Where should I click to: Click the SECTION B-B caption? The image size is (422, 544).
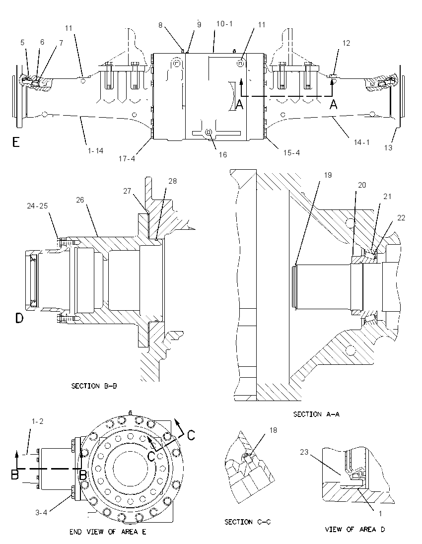tap(94, 386)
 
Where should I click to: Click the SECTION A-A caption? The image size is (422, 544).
tap(316, 414)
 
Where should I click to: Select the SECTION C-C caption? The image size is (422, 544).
tap(247, 522)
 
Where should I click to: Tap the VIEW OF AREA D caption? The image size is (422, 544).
tap(355, 530)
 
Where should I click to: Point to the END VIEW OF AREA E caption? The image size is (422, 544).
tap(108, 532)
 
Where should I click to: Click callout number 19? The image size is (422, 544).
tap(328, 175)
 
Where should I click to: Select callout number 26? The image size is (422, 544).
tap(80, 200)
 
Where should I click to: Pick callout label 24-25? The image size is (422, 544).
tap(37, 206)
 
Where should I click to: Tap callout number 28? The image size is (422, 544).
tap(172, 181)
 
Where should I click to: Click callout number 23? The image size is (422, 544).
tap(304, 452)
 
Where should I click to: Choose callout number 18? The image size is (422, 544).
tap(273, 430)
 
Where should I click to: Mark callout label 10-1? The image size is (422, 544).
tap(224, 24)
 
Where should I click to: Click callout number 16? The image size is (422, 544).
tap(223, 155)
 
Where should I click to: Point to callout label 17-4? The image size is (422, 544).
tap(127, 159)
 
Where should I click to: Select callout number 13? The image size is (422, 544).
tap(388, 148)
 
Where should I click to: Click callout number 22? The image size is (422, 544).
tap(401, 218)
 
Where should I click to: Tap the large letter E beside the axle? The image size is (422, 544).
tap(16, 142)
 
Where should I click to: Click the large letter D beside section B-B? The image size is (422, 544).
tap(19, 318)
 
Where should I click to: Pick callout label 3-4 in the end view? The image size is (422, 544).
tap(41, 512)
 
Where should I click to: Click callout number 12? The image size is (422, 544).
tap(347, 43)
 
